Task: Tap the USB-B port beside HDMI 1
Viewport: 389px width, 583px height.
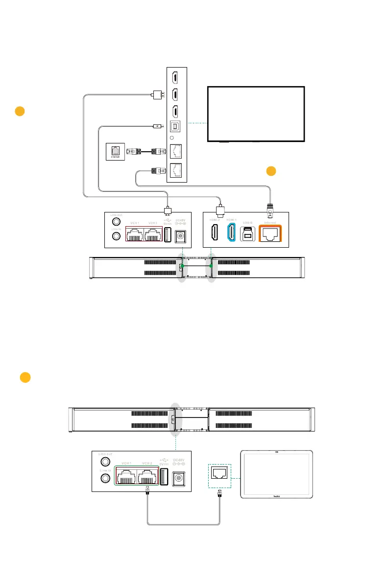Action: click(248, 234)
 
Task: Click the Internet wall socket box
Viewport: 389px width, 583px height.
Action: click(116, 152)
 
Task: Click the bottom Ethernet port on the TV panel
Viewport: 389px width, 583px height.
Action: click(176, 170)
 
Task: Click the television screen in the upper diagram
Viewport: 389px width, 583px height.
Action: click(256, 114)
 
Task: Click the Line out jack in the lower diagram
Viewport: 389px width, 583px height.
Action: click(104, 463)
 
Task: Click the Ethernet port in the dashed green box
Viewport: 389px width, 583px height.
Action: click(220, 472)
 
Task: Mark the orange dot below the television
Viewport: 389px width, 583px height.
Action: click(271, 171)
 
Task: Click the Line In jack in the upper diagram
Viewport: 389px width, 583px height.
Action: click(116, 236)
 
